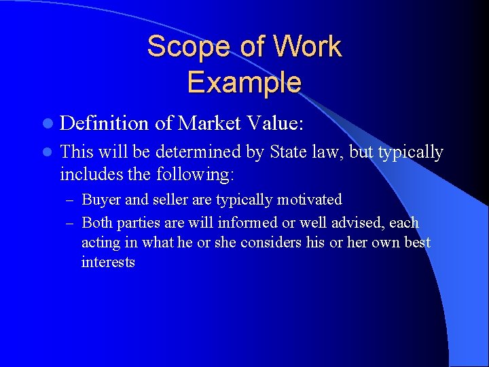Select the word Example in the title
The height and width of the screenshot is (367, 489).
pyautogui.click(x=244, y=82)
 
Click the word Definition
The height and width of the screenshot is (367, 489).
pyautogui.click(x=104, y=123)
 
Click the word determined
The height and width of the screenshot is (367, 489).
pyautogui.click(x=206, y=152)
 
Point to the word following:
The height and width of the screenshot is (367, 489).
pyautogui.click(x=195, y=175)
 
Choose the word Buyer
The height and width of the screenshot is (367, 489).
pyautogui.click(x=100, y=200)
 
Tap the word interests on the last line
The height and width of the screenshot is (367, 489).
pyautogui.click(x=108, y=262)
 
